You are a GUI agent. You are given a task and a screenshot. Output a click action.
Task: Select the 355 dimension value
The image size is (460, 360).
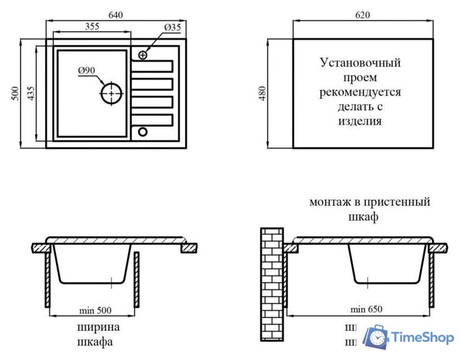(96, 26)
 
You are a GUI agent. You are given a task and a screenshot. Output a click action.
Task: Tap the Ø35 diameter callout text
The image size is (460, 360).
(172, 27)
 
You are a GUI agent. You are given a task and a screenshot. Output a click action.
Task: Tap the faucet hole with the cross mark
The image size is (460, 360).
(142, 55)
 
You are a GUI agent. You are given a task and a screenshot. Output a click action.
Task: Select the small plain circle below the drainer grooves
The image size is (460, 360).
(142, 132)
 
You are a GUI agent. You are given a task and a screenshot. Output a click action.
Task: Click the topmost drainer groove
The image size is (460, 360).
(151, 67)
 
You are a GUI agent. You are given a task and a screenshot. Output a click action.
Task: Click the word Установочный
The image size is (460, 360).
(360, 62)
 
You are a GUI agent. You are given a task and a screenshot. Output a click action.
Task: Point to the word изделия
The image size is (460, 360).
(360, 121)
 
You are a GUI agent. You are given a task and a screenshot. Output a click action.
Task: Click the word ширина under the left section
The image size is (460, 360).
(99, 327)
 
